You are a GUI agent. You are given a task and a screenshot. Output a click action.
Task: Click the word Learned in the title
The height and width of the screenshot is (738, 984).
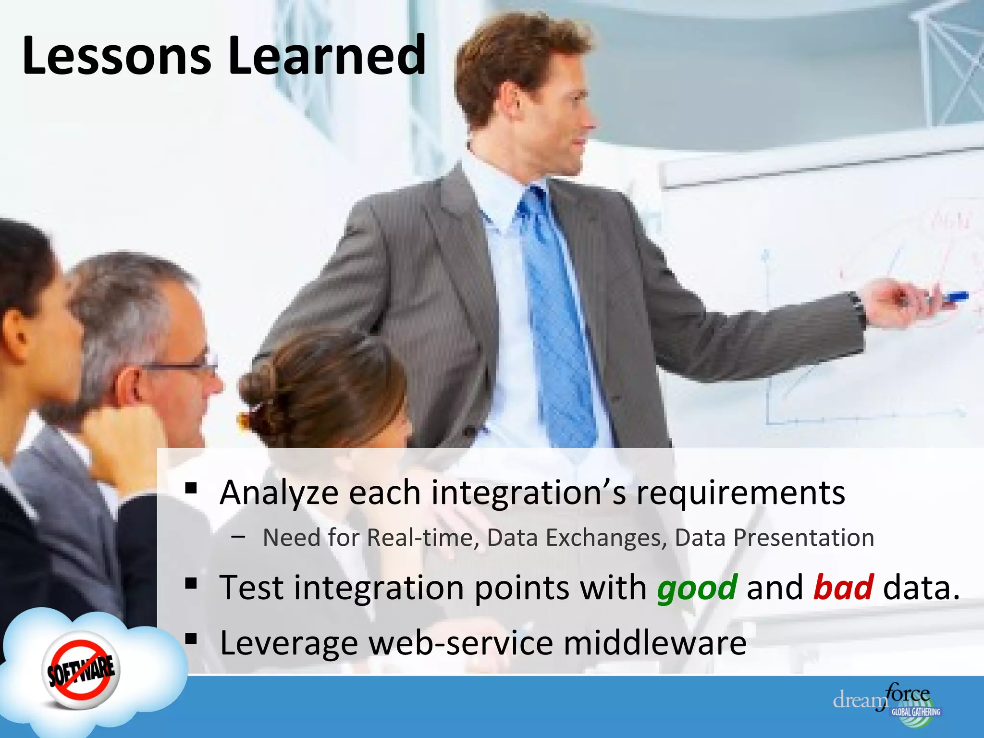pos(327,56)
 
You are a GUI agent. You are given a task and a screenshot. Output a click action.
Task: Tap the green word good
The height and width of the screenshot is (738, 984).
pos(697,588)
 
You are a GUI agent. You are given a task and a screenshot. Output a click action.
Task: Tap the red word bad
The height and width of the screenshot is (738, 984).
pos(843,588)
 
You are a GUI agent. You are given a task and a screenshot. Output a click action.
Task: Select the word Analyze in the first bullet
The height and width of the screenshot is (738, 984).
pos(279,493)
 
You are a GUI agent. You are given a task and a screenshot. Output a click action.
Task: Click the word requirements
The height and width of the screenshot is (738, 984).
pos(740,493)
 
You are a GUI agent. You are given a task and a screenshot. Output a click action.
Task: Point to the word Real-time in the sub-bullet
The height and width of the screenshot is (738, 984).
pos(423,538)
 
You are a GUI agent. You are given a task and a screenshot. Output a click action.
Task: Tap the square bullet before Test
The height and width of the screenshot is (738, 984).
pos(191,584)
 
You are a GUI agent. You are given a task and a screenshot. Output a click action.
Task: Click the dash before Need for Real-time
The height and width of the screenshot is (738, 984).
pos(237,538)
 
